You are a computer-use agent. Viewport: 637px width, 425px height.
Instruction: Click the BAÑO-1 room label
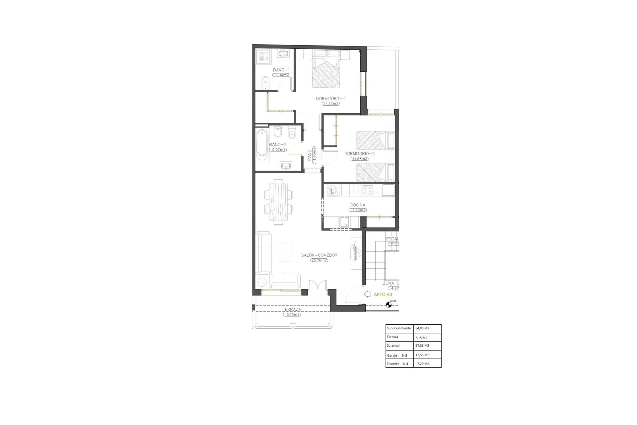click(x=281, y=70)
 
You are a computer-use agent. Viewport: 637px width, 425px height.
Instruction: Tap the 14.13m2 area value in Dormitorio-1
click(x=331, y=104)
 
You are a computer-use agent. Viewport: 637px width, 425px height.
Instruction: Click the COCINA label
click(x=358, y=205)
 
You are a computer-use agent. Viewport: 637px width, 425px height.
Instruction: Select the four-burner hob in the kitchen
click(x=368, y=190)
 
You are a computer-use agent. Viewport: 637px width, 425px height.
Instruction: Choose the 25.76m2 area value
click(x=319, y=260)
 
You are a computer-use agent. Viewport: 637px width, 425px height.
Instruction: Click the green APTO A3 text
click(x=383, y=294)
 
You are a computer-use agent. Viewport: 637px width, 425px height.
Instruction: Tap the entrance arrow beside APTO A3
click(x=367, y=294)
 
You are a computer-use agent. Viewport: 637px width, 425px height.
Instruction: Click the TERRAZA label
click(x=292, y=309)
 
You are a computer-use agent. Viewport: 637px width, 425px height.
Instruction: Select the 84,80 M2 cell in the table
click(x=422, y=328)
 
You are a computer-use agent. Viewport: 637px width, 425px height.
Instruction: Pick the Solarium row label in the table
click(x=393, y=346)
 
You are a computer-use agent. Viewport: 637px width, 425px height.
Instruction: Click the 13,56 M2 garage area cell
click(x=422, y=355)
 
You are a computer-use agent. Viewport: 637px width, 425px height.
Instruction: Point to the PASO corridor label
click(x=309, y=155)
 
